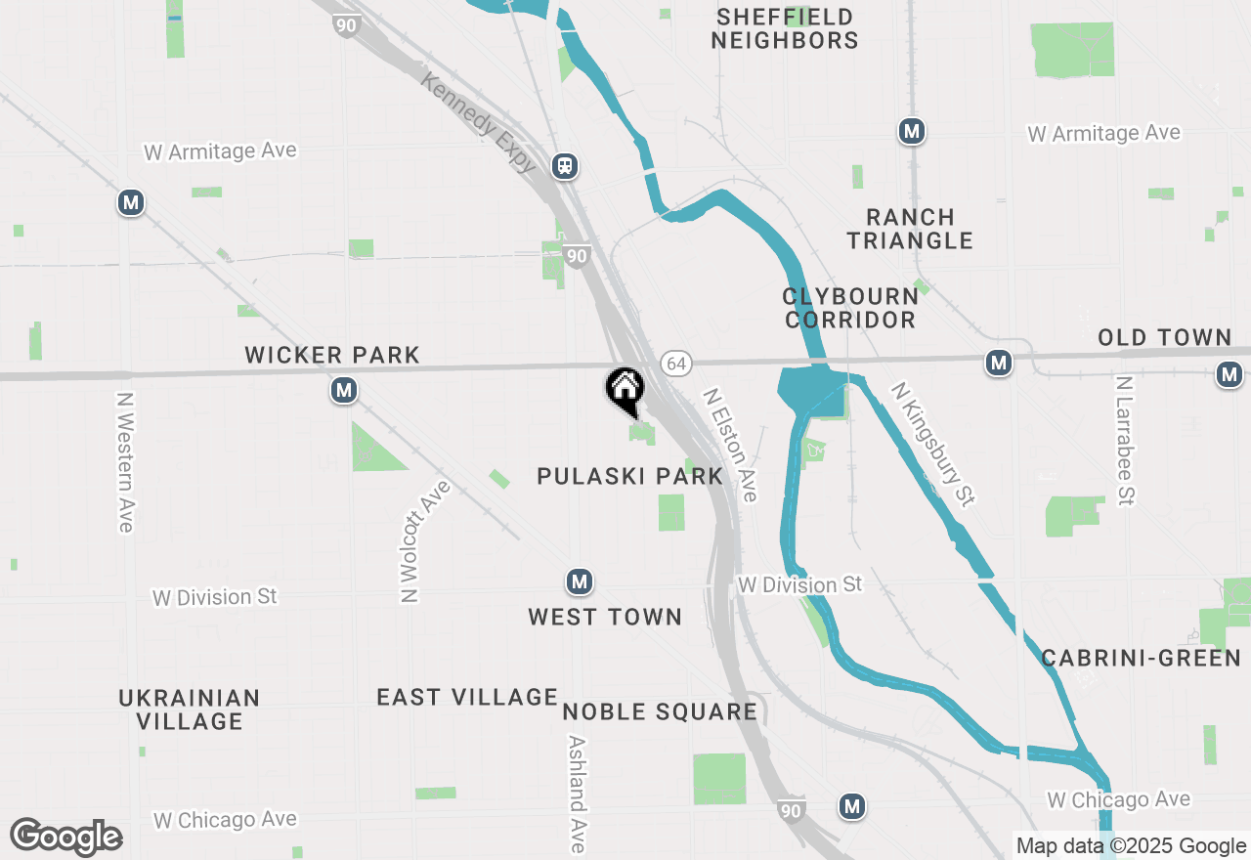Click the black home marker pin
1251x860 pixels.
point(625,389)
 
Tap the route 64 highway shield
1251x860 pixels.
point(675,364)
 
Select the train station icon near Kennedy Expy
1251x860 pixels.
point(564,166)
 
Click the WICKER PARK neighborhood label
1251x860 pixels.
point(332,355)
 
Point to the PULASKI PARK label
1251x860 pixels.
point(630,476)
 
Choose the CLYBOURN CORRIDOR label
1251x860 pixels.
point(850,307)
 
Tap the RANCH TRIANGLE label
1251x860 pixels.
point(910,229)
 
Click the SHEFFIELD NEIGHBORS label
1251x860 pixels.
point(785,28)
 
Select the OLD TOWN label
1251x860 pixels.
point(1164,337)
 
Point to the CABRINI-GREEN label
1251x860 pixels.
point(1141,658)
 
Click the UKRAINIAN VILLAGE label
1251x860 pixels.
point(190,709)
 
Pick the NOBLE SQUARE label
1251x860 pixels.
point(660,711)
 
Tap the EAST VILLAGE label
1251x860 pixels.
point(467,697)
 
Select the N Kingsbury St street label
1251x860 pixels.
point(932,444)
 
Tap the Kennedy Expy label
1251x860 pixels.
point(479,122)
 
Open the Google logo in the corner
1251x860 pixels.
point(66,838)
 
